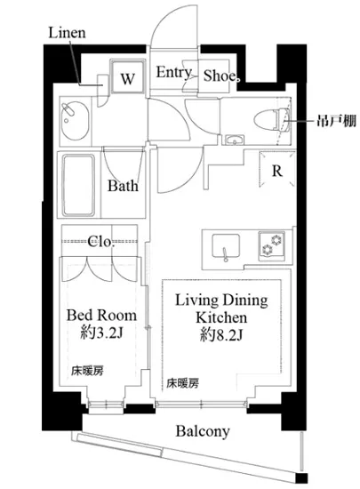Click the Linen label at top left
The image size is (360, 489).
(67, 33)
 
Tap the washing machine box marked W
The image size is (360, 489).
(128, 76)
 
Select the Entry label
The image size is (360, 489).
(173, 73)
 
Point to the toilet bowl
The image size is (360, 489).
(272, 119)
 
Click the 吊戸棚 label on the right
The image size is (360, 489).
(336, 120)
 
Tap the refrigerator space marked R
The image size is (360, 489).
(276, 170)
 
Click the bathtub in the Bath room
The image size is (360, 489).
(79, 186)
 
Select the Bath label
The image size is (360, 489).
(123, 186)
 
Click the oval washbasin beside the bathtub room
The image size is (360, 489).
(75, 121)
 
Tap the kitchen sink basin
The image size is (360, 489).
(226, 246)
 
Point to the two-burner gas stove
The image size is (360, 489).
(271, 245)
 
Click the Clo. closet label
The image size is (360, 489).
(100, 242)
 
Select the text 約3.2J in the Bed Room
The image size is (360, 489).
(101, 334)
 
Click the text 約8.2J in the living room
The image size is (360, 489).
(221, 335)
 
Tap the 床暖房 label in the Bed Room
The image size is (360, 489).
(87, 371)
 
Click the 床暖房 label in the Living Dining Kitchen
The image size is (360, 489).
(182, 383)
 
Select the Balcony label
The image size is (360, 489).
(203, 431)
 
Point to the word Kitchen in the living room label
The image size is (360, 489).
(221, 317)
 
